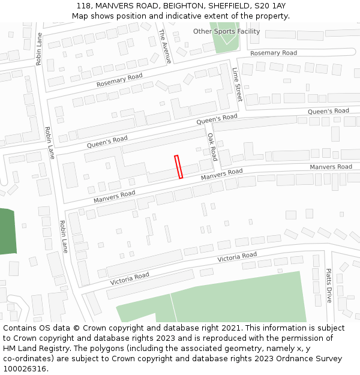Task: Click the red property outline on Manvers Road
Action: click(x=178, y=167)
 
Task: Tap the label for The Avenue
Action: click(x=165, y=46)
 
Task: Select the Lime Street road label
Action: click(x=237, y=84)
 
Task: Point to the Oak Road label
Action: click(x=212, y=147)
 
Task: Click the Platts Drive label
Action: click(x=329, y=286)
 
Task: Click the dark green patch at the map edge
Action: click(x=6, y=231)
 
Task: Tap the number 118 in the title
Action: click(x=83, y=6)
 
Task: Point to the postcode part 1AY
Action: click(x=276, y=6)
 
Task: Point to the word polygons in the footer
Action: click(x=109, y=349)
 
